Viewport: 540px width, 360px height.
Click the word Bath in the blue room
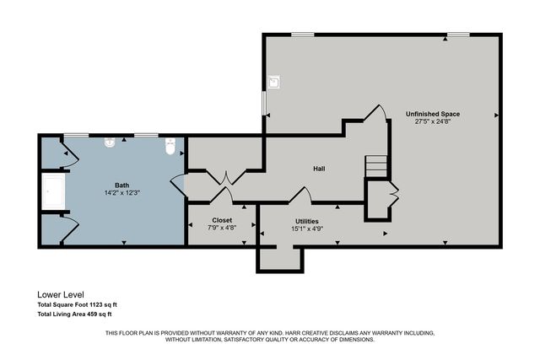click(x=122, y=185)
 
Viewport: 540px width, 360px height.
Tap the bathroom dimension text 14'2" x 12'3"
click(x=122, y=193)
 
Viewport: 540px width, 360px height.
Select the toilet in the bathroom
click(x=170, y=146)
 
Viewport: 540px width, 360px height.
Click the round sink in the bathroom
click(x=110, y=143)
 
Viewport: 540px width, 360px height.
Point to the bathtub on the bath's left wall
click(x=55, y=193)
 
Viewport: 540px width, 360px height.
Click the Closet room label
click(x=222, y=220)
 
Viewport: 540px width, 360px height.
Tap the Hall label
click(x=319, y=169)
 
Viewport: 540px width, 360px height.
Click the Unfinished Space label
click(x=432, y=113)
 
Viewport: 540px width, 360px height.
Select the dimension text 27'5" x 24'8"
click(x=432, y=122)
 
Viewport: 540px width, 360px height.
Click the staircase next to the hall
click(x=375, y=166)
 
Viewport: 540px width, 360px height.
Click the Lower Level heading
click(x=61, y=294)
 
